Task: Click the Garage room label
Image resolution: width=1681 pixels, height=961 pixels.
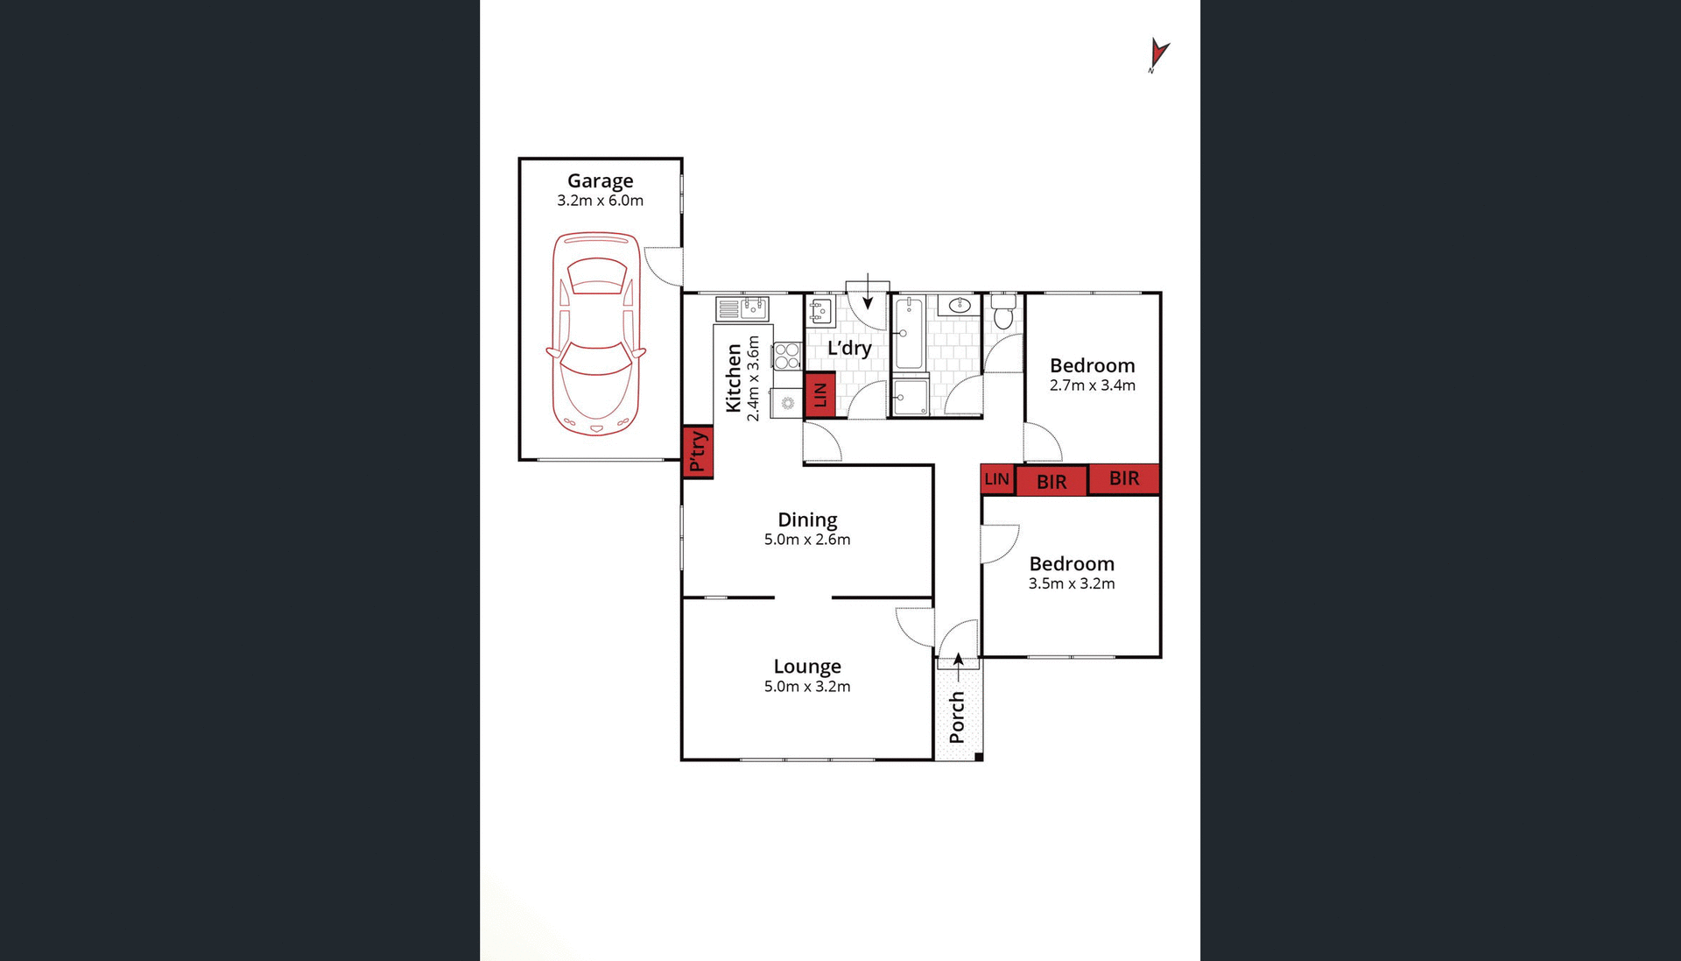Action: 600,180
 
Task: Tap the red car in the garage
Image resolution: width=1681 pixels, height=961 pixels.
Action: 596,333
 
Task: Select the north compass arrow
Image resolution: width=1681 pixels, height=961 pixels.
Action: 1157,54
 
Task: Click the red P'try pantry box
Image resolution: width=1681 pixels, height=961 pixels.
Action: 698,451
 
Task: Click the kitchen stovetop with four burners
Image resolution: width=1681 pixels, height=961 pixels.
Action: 786,356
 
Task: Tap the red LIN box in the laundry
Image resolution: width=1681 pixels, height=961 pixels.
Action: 819,394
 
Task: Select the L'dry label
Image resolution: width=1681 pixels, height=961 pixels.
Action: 849,348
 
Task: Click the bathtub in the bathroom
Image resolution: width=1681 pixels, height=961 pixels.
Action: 909,333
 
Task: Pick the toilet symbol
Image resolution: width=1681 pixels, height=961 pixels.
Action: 1003,311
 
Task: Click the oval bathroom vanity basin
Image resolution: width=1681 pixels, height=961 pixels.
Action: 960,305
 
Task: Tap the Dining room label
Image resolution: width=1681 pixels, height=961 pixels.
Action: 807,519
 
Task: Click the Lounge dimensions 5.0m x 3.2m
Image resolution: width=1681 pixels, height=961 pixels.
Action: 807,687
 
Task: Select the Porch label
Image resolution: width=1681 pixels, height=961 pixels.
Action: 957,717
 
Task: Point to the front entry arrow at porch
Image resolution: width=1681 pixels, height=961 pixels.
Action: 958,666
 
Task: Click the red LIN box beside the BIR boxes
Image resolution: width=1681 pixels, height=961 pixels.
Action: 996,479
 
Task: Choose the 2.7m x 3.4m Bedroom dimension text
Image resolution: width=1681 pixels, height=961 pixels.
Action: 1092,385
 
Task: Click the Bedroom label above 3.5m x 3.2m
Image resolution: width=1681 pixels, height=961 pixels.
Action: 1072,563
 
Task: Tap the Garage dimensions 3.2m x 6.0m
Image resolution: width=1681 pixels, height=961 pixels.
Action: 600,201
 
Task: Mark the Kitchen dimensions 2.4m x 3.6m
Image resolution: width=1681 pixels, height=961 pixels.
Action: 753,378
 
